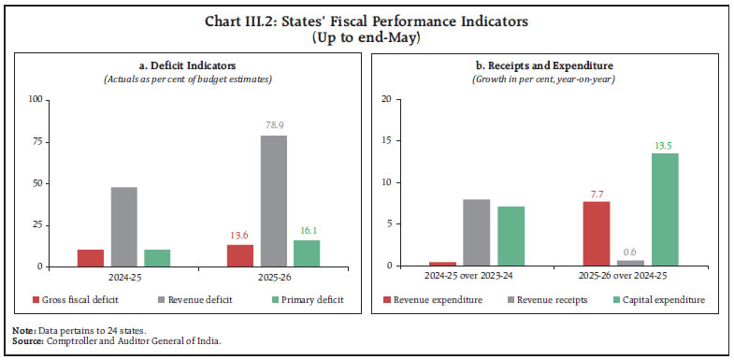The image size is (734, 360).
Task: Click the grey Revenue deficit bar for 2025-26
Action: (x=274, y=201)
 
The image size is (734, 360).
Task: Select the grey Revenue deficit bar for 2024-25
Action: (x=124, y=226)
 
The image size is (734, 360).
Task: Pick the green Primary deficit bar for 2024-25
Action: (x=156, y=258)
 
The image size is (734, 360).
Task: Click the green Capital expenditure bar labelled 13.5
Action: (x=665, y=209)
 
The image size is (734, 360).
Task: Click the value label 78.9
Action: (x=274, y=125)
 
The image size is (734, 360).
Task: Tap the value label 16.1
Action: (x=307, y=230)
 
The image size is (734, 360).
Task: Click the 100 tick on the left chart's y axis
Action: (x=37, y=98)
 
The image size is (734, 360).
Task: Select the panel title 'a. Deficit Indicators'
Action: (x=184, y=65)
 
